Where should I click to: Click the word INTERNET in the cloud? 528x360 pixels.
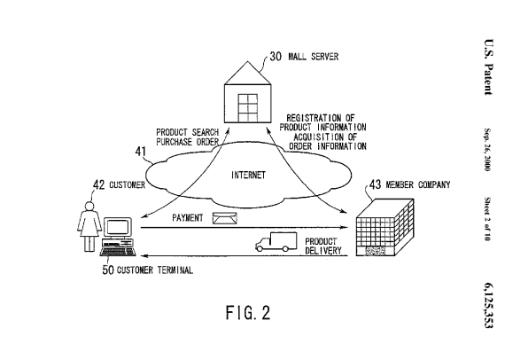click(247, 175)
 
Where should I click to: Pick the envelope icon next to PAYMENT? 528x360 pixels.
click(225, 217)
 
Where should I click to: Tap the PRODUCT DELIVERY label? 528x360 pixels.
click(323, 245)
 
